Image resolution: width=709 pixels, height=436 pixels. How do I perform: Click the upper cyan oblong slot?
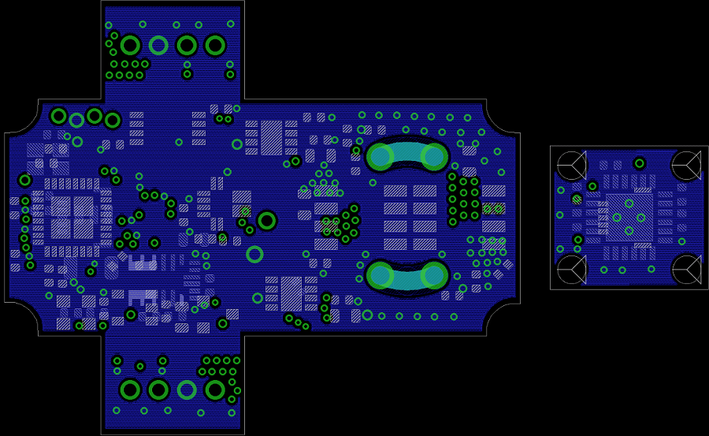click(406, 155)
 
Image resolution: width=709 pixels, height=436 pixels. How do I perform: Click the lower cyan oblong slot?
click(406, 275)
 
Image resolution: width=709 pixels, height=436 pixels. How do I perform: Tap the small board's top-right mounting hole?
click(685, 165)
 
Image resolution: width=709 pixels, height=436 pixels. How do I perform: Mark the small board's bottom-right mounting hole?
click(685, 269)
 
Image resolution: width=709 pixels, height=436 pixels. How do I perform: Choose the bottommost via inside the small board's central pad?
click(629, 230)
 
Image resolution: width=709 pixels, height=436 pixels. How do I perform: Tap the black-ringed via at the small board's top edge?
click(639, 163)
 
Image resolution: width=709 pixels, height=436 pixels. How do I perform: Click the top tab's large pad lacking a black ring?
click(158, 46)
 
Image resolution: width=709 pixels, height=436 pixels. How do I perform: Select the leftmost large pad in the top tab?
click(130, 46)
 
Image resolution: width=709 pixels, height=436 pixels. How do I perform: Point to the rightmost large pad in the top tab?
click(215, 46)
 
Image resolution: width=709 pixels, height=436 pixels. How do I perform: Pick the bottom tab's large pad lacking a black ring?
click(187, 389)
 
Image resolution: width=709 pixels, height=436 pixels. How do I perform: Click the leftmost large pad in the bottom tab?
click(130, 389)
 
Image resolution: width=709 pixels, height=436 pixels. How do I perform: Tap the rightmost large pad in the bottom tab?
click(215, 389)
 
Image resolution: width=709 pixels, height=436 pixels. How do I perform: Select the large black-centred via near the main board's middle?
click(267, 220)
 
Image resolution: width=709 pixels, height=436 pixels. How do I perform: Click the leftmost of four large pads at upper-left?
click(58, 116)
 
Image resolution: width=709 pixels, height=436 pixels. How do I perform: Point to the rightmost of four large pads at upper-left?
click(113, 121)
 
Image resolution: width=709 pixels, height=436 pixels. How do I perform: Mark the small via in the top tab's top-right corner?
click(230, 24)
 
